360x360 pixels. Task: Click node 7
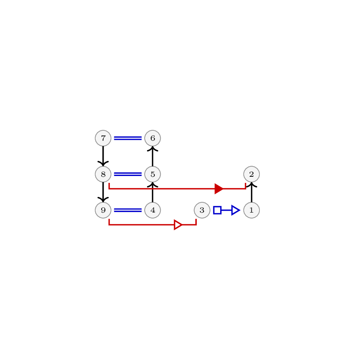103,138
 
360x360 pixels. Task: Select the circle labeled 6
152,138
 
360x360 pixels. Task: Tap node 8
103,174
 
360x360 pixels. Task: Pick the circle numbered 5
152,174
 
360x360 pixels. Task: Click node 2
252,174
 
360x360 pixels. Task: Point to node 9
103,210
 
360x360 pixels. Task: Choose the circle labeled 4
152,210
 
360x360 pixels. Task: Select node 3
202,210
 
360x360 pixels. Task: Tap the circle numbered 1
252,210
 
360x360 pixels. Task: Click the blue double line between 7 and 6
128,138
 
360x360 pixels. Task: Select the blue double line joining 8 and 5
128,174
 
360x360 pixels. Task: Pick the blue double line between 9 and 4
128,210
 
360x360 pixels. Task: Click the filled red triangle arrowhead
219,189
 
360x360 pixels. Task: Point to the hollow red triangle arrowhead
178,225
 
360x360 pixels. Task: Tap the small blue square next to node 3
217,210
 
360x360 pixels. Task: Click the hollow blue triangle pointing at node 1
236,210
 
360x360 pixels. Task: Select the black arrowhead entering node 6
152,149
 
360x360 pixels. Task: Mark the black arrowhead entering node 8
103,164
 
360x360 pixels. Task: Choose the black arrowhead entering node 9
103,200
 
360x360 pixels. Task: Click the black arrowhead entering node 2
252,185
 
